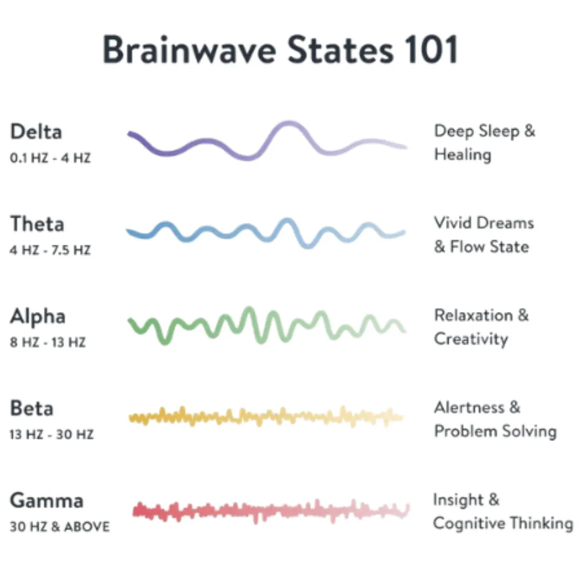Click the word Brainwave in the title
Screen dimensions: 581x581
point(189,50)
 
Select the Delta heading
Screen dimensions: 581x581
point(36,132)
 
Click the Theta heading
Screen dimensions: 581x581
point(37,224)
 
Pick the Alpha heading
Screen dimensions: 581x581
point(38,316)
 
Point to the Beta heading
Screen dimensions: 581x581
point(32,408)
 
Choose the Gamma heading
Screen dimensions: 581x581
point(47,501)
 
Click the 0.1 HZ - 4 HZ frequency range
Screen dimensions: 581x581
point(50,159)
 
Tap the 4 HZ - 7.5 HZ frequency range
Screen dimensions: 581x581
point(51,251)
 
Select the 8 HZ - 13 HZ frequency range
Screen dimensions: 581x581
point(48,343)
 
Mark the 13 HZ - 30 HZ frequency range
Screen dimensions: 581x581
point(51,435)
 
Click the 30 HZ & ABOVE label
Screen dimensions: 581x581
point(60,527)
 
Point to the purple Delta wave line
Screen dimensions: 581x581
point(204,143)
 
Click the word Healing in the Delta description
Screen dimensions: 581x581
point(463,155)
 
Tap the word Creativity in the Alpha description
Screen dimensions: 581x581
point(471,339)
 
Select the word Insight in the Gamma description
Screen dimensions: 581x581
point(458,500)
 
